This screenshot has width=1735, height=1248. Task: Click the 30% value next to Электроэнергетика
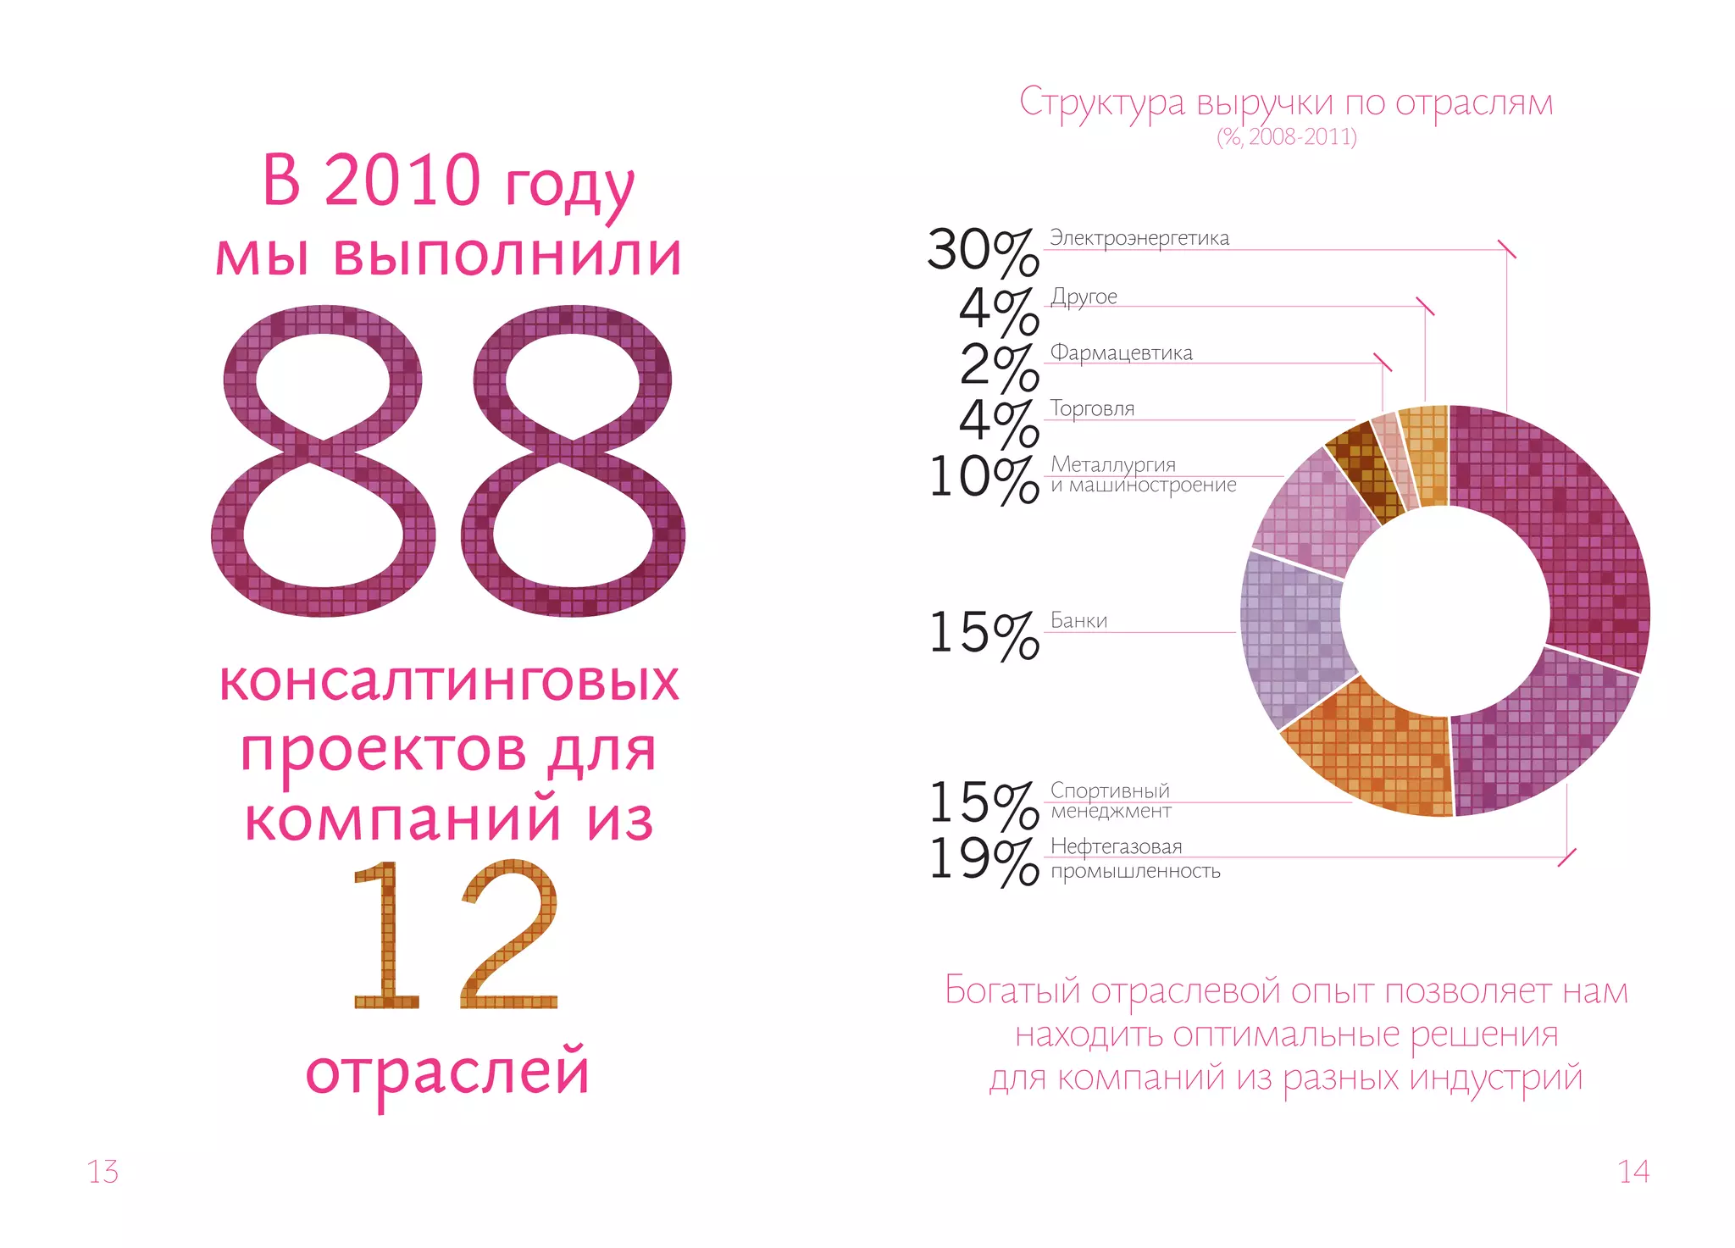983,252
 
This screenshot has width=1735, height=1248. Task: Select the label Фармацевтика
1121,352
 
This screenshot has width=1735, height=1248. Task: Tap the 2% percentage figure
999,367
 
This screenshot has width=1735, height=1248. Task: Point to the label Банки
1078,620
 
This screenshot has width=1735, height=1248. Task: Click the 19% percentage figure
983,861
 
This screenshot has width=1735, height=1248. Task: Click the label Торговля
1092,408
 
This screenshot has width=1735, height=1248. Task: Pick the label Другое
1084,297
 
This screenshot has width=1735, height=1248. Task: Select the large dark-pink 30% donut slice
1576,542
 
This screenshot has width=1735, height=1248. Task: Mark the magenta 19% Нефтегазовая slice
1533,737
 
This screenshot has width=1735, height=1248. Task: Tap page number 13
103,1172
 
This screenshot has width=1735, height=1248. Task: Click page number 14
1633,1172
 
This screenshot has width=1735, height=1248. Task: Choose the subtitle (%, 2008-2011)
1286,136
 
